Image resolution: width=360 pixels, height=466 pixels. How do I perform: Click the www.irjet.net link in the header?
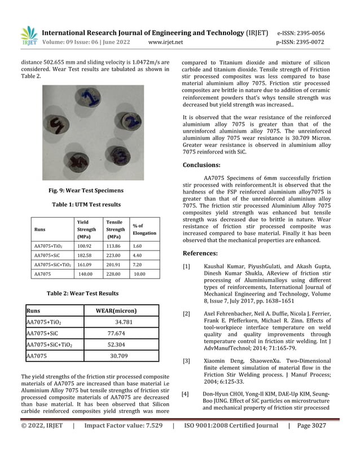[x=165, y=42]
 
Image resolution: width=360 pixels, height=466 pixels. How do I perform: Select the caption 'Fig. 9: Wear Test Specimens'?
[x=86, y=191]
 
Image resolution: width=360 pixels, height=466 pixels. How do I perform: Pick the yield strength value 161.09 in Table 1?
[x=84, y=265]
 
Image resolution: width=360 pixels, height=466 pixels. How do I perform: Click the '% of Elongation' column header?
[x=144, y=230]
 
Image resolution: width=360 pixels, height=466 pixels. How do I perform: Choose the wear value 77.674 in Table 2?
[x=116, y=333]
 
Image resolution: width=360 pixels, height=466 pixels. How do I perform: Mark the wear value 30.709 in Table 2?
[x=118, y=356]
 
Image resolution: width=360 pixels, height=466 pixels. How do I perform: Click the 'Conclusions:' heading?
[x=201, y=165]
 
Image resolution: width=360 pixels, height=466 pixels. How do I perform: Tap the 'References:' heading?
[x=200, y=253]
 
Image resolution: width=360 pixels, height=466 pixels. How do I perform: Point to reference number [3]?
[x=186, y=361]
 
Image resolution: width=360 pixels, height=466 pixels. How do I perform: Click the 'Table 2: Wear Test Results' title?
[x=86, y=293]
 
